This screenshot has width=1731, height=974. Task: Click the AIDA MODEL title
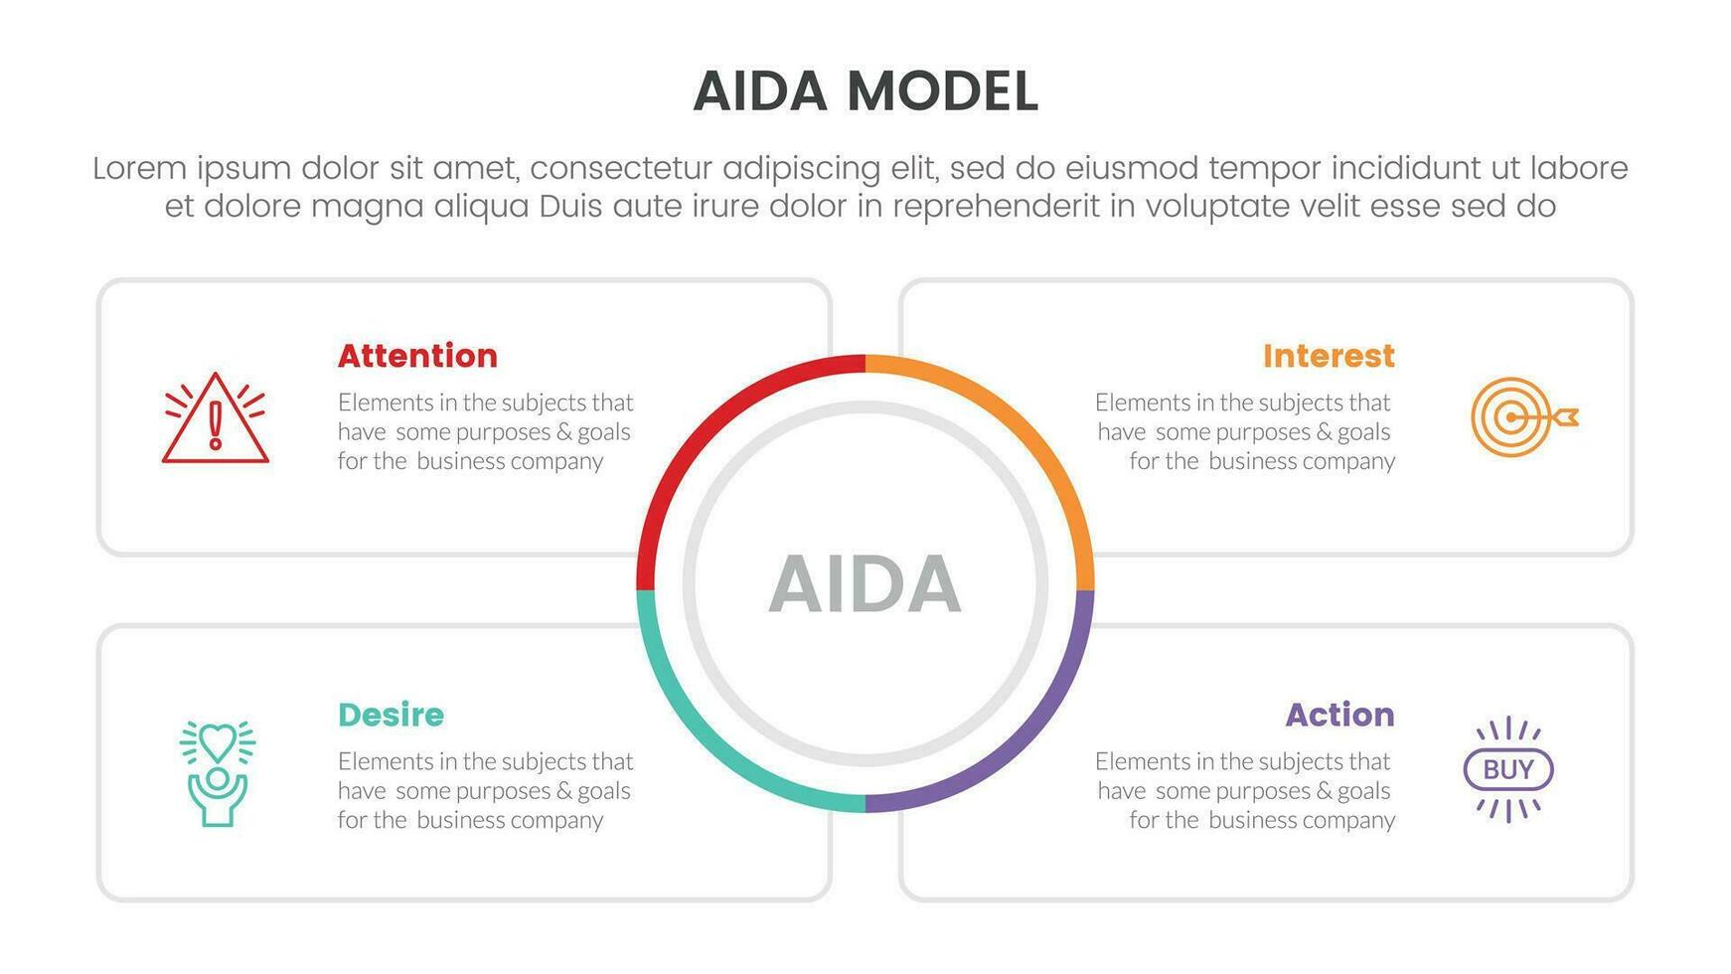865,91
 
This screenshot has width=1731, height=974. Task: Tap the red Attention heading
417,356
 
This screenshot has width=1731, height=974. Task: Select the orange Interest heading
1329,356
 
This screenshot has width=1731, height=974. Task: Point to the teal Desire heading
391,715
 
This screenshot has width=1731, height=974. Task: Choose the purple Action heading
1339,715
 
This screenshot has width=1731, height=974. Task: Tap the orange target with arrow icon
1523,416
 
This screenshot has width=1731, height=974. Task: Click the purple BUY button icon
1508,769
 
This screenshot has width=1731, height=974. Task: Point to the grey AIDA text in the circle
865,584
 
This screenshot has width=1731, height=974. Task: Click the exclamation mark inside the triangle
216,425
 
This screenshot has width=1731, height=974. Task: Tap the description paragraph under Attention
485,431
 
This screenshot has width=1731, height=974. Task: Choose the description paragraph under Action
1245,790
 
